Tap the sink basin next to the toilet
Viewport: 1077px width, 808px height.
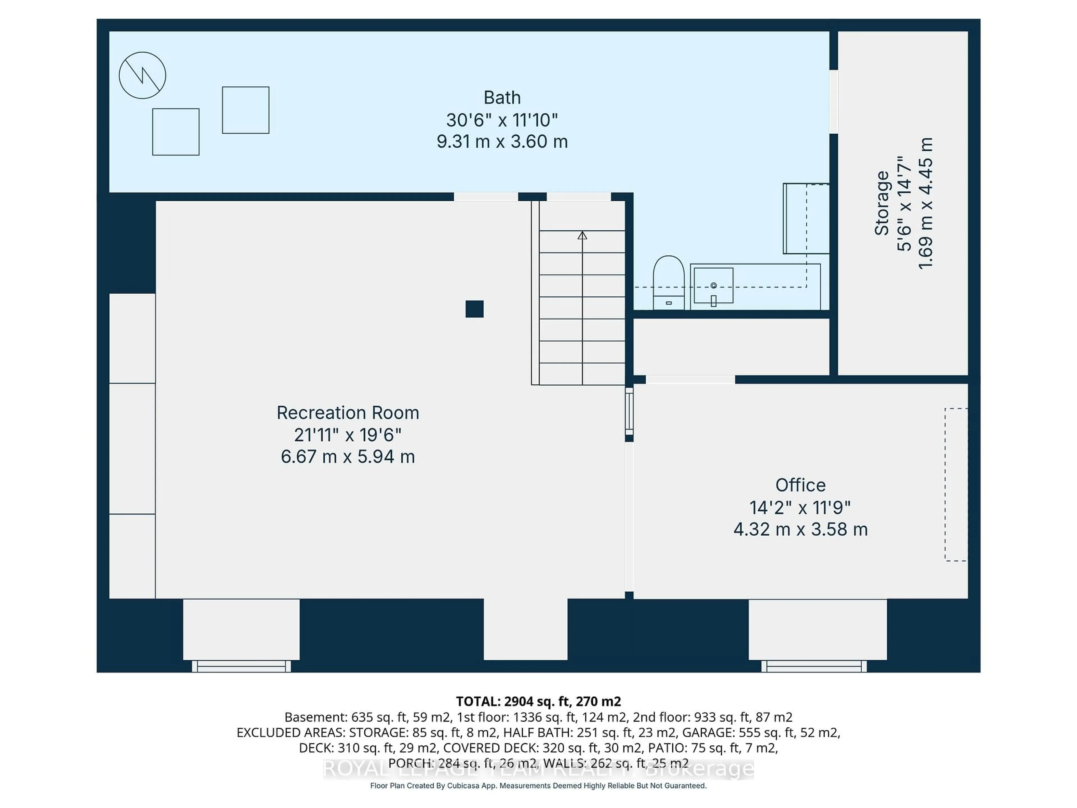(x=713, y=285)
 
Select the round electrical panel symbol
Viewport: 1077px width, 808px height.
(x=142, y=75)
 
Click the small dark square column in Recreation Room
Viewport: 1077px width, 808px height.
(x=474, y=309)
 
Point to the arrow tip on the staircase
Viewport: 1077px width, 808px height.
(x=582, y=235)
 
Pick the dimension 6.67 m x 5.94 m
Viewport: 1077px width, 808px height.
(x=348, y=457)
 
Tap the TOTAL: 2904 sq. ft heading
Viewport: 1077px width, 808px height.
(x=538, y=701)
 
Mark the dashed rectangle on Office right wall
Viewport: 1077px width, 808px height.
(x=956, y=485)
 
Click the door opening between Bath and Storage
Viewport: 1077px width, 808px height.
(x=834, y=101)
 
